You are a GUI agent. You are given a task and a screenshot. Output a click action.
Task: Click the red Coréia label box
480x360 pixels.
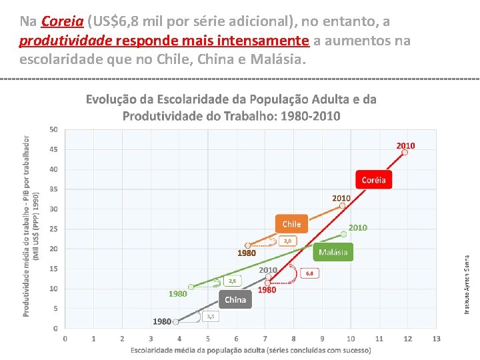pyautogui.click(x=373, y=179)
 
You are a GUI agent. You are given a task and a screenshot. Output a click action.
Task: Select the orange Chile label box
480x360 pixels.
pyautogui.click(x=291, y=224)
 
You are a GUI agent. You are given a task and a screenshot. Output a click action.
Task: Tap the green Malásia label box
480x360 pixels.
pyautogui.click(x=333, y=252)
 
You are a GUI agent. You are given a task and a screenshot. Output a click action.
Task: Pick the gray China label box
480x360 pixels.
pyautogui.click(x=235, y=299)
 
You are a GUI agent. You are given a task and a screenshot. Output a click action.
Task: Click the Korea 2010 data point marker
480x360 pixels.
pyautogui.click(x=404, y=152)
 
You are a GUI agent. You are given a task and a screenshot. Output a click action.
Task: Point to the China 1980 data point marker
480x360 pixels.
pyautogui.click(x=176, y=321)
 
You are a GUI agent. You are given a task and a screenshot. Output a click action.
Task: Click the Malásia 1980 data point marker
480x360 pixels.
pyautogui.click(x=191, y=287)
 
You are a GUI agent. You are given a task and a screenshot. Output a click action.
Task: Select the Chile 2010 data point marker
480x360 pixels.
pyautogui.click(x=342, y=206)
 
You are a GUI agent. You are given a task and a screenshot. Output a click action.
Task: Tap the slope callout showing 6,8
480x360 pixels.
pyautogui.click(x=309, y=273)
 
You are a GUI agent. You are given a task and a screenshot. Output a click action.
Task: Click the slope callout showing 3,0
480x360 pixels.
pyautogui.click(x=287, y=241)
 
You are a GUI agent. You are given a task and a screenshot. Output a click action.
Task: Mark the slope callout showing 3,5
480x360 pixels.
pyautogui.click(x=210, y=316)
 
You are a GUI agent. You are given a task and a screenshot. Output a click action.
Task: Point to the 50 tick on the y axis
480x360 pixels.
pyautogui.click(x=53, y=129)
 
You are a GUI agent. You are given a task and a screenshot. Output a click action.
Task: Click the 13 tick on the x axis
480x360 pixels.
pyautogui.click(x=436, y=339)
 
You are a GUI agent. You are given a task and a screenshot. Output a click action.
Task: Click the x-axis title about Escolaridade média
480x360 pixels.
pyautogui.click(x=251, y=350)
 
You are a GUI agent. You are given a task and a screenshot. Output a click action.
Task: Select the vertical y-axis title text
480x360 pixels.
pyautogui.click(x=31, y=227)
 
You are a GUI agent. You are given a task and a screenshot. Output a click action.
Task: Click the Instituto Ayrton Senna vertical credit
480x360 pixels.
pyautogui.click(x=467, y=285)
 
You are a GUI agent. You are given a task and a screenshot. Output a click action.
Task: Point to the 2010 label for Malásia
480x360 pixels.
pyautogui.click(x=357, y=227)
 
